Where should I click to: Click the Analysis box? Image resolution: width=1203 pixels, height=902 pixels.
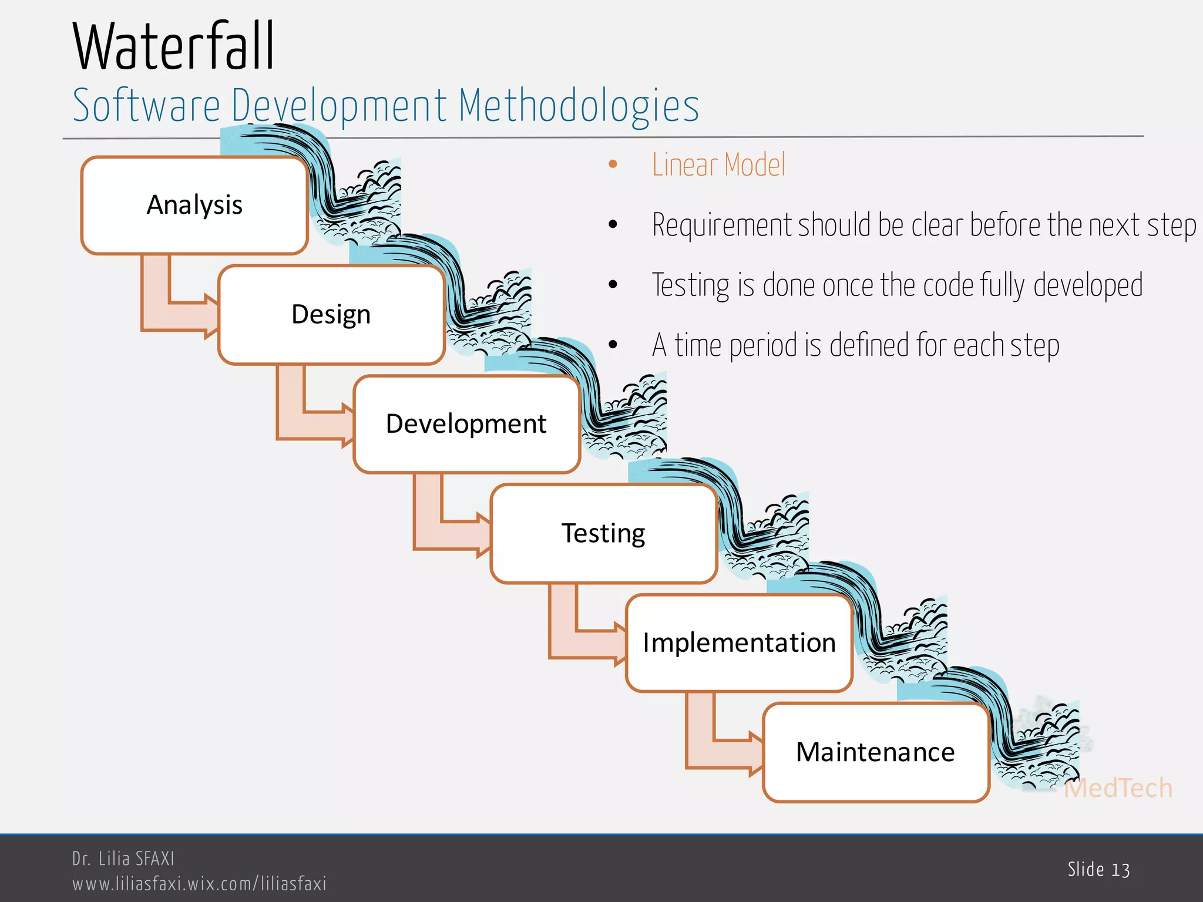click(x=194, y=206)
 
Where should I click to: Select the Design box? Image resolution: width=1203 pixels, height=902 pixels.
click(x=331, y=315)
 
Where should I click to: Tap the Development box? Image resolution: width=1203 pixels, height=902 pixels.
click(x=466, y=424)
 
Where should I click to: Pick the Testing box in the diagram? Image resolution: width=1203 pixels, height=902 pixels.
click(x=603, y=533)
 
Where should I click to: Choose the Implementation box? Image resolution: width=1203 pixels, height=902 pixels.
click(x=739, y=643)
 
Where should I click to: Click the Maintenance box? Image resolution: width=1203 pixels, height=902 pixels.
click(x=875, y=752)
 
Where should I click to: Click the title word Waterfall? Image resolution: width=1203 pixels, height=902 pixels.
click(x=173, y=47)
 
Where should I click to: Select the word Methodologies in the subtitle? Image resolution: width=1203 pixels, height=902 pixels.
click(x=578, y=106)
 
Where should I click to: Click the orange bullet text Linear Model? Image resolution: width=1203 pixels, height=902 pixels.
click(x=718, y=165)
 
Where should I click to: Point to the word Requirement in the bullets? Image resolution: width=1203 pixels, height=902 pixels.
click(x=722, y=225)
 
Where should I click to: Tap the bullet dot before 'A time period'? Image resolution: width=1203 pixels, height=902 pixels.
click(x=613, y=345)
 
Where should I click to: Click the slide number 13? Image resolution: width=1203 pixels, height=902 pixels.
click(x=1120, y=870)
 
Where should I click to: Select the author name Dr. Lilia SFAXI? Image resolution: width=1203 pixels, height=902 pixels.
click(x=123, y=859)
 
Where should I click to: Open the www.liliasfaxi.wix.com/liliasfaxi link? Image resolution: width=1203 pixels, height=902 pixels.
click(x=199, y=884)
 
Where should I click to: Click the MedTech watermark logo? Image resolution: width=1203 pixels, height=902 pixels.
click(x=1117, y=788)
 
